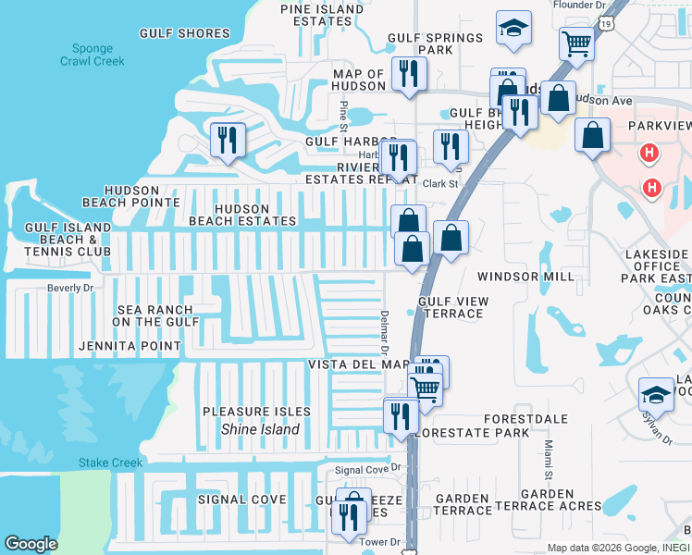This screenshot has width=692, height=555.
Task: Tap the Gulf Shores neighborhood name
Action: click(x=184, y=33)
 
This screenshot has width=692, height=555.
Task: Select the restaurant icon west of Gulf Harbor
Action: click(x=228, y=141)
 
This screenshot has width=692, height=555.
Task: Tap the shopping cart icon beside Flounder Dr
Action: click(x=576, y=43)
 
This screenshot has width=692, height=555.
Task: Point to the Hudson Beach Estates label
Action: click(x=242, y=215)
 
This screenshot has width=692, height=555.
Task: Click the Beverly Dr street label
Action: click(x=70, y=289)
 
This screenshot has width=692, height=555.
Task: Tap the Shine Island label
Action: click(x=260, y=429)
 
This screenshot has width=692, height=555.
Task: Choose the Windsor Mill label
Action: click(x=525, y=277)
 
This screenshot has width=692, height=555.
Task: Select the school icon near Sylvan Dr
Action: click(x=656, y=395)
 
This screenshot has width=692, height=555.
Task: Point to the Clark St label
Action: click(x=440, y=184)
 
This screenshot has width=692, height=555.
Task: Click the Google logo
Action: click(x=31, y=544)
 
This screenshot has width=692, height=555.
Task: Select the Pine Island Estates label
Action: click(x=322, y=16)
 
